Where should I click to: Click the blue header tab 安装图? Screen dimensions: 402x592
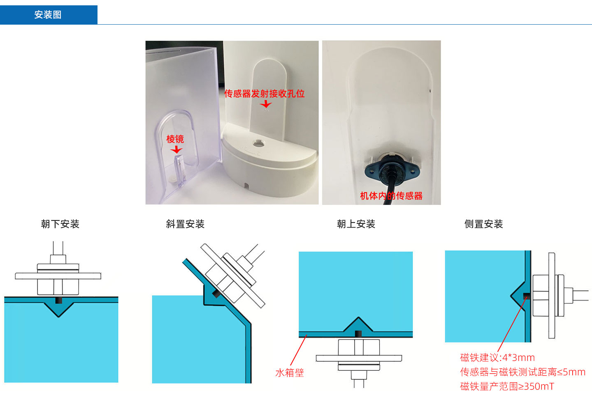(48, 15)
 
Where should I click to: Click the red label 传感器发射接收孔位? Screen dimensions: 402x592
(264, 94)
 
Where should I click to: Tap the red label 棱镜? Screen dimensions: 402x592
(175, 139)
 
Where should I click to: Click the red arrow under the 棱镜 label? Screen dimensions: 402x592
(176, 149)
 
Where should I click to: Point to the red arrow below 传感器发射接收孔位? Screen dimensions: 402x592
(266, 104)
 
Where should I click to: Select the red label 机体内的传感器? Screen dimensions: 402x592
(391, 196)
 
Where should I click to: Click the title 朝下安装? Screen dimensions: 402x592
(60, 224)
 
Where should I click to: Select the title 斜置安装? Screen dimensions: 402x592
(185, 224)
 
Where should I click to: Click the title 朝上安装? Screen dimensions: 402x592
(356, 224)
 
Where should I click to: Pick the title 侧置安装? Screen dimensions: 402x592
(483, 224)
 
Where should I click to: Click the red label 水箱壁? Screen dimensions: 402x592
(289, 372)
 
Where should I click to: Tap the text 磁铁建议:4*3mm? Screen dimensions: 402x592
(497, 357)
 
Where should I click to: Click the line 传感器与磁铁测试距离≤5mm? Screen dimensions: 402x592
(522, 372)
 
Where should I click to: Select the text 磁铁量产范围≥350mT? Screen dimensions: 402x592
(507, 386)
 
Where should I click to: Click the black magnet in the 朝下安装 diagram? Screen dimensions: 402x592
(59, 300)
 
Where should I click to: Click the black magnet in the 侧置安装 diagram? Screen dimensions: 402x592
(526, 296)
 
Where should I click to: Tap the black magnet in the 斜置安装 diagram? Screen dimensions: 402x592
(215, 294)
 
